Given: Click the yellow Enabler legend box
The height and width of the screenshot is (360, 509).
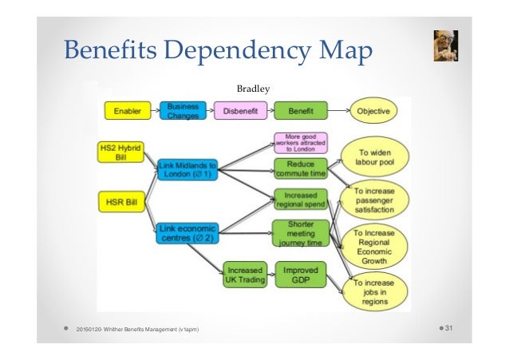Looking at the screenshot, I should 128,111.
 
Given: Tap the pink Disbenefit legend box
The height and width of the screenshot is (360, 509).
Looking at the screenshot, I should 240,111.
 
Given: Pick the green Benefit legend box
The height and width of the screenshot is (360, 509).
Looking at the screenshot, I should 301,111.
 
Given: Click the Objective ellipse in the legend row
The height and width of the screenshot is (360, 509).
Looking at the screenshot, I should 373,111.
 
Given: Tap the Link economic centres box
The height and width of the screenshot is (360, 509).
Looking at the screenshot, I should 187,232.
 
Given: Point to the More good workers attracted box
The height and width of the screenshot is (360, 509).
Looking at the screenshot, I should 301,143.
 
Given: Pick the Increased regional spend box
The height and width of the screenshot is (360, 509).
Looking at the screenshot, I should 301,200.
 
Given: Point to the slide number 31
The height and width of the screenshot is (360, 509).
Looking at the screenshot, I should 460,330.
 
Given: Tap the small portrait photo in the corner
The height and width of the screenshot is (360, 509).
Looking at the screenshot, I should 440,47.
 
